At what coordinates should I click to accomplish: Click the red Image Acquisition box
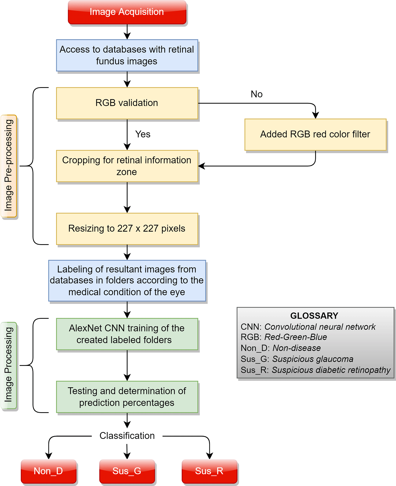click(127, 12)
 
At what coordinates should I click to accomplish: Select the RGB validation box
click(127, 103)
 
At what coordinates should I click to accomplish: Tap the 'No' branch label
click(256, 94)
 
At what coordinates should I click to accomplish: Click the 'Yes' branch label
click(143, 134)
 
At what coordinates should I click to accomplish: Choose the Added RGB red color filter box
click(315, 134)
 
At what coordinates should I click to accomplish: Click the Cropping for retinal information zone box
click(127, 166)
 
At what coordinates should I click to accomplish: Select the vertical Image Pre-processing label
click(9, 166)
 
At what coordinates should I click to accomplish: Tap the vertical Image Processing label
click(9, 365)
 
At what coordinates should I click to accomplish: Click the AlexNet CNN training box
click(127, 334)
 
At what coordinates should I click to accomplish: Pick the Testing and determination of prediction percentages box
click(127, 397)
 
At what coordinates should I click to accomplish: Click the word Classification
click(127, 436)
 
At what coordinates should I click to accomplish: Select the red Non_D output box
click(48, 471)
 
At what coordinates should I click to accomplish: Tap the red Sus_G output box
click(127, 471)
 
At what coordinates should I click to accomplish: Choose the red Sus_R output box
click(209, 471)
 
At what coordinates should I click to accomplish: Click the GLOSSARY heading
click(314, 316)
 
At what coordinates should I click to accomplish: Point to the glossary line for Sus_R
click(315, 370)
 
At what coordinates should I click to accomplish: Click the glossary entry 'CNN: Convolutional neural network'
click(308, 327)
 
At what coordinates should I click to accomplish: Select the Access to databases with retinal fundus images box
click(127, 55)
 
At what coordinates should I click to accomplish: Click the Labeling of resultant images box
click(127, 281)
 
